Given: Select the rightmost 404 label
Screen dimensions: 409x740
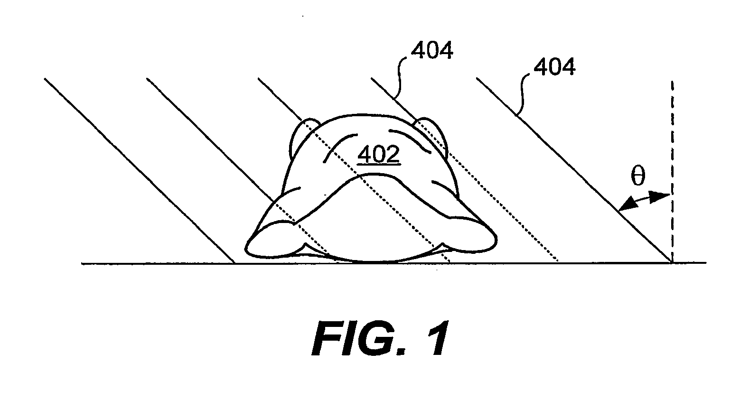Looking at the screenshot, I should (554, 67).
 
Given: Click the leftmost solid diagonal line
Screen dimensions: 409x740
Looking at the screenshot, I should (138, 169).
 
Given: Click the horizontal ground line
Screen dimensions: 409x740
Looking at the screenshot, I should (142, 263).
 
